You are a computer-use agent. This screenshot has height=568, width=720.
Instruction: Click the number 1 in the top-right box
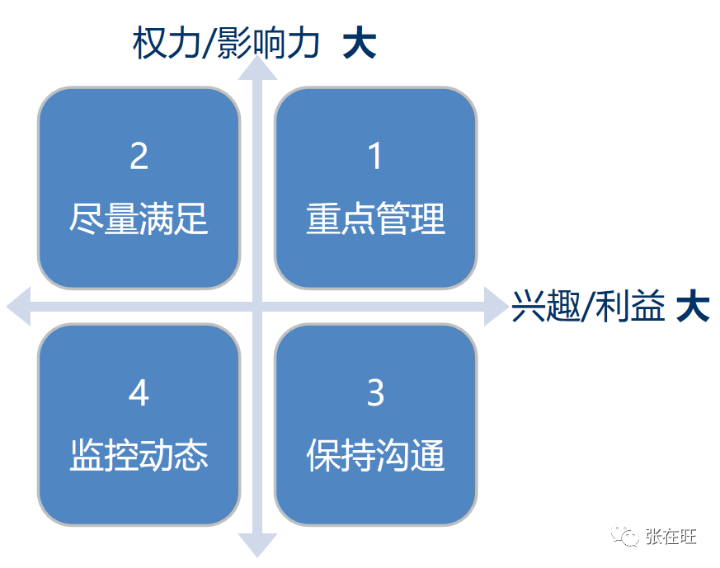click(375, 156)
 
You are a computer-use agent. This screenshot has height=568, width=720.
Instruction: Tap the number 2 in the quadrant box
click(139, 156)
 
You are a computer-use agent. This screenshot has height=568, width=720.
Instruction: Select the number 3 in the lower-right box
click(375, 393)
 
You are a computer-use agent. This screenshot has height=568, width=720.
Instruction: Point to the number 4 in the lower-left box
click(139, 393)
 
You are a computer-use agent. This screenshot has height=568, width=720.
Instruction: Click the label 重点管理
click(375, 219)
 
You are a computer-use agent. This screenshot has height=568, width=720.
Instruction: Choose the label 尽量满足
click(139, 219)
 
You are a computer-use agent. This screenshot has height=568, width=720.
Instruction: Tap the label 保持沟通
click(375, 456)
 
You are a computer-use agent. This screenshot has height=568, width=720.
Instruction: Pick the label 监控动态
click(139, 456)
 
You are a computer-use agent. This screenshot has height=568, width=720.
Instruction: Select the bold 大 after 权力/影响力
click(360, 43)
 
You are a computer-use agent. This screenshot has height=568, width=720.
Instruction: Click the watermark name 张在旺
click(671, 537)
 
